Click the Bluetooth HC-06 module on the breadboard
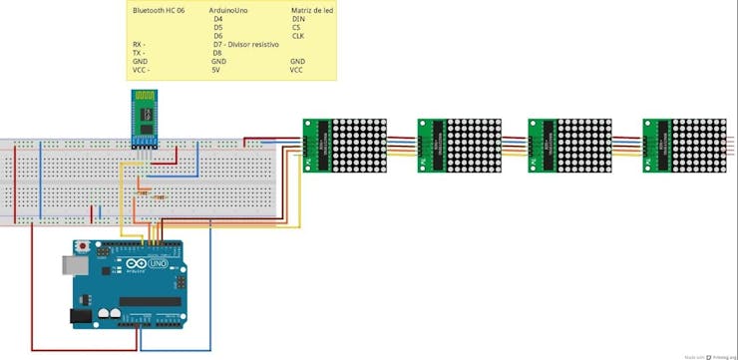(147, 117)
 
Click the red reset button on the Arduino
(83, 245)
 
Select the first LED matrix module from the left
(345, 145)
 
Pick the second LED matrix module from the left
(459, 145)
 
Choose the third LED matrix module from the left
(568, 145)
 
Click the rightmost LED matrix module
(685, 145)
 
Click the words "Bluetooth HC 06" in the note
(159, 9)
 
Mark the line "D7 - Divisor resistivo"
(245, 45)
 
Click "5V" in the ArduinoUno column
(215, 71)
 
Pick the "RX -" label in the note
(139, 45)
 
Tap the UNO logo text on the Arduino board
(157, 264)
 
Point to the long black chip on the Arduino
(150, 301)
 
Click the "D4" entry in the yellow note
(217, 19)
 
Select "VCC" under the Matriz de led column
(296, 71)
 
